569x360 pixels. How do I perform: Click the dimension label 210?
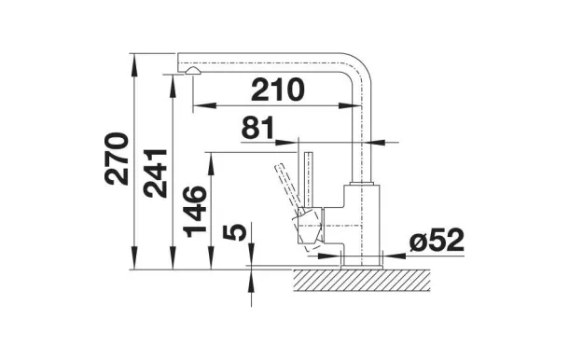(278, 90)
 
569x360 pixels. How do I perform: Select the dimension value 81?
(257, 128)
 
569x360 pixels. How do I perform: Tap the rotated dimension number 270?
(117, 159)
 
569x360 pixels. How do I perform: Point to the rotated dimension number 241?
(155, 173)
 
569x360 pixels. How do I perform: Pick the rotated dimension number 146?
(195, 212)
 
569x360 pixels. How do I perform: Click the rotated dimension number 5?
(234, 232)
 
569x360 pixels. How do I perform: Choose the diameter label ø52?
(437, 240)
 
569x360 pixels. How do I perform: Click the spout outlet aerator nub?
(191, 71)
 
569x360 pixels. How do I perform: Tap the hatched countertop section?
(361, 280)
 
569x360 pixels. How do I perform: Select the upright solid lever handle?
(309, 180)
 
